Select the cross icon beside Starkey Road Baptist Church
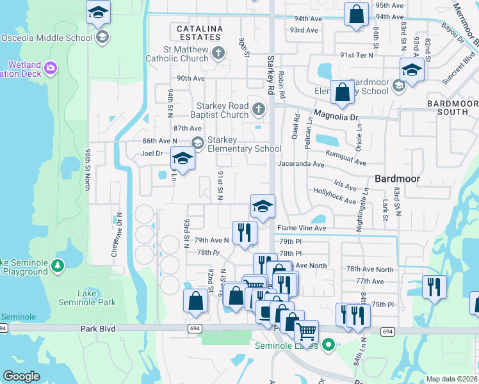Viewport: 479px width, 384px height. [259, 109]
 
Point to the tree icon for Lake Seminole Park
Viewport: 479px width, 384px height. [58, 265]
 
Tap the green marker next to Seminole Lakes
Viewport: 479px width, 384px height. [329, 346]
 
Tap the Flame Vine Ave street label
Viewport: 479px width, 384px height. [301, 228]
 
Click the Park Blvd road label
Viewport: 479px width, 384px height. [97, 328]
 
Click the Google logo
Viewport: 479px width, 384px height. [22, 376]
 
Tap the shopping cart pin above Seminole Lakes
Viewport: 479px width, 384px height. [306, 332]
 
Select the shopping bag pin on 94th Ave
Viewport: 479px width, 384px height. [356, 13]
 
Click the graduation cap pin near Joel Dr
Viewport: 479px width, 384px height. [183, 159]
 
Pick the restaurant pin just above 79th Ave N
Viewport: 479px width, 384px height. [244, 232]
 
